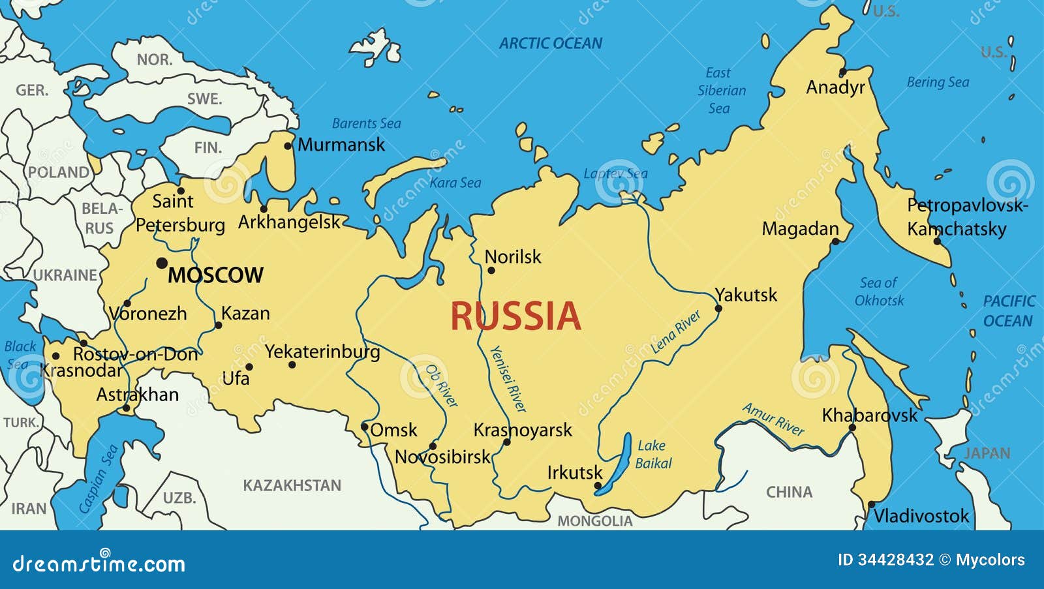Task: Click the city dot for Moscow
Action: [x=162, y=263]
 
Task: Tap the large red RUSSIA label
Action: [x=515, y=316]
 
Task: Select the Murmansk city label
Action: [x=341, y=145]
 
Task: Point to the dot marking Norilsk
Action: [x=491, y=270]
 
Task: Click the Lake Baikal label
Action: [x=652, y=454]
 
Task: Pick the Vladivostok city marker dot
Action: [x=871, y=504]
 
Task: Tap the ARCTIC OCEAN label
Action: [x=550, y=44]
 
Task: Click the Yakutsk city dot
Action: [x=718, y=309]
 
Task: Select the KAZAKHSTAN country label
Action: [x=292, y=485]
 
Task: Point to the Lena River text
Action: [x=675, y=332]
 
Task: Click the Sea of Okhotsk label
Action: [x=878, y=292]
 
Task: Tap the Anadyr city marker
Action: [x=842, y=72]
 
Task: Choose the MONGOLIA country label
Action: [x=594, y=521]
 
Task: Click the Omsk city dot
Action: [x=365, y=427]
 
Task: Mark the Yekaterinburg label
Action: [x=322, y=352]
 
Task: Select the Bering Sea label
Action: [x=938, y=82]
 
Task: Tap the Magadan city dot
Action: [x=835, y=242]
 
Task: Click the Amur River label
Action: [x=773, y=419]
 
